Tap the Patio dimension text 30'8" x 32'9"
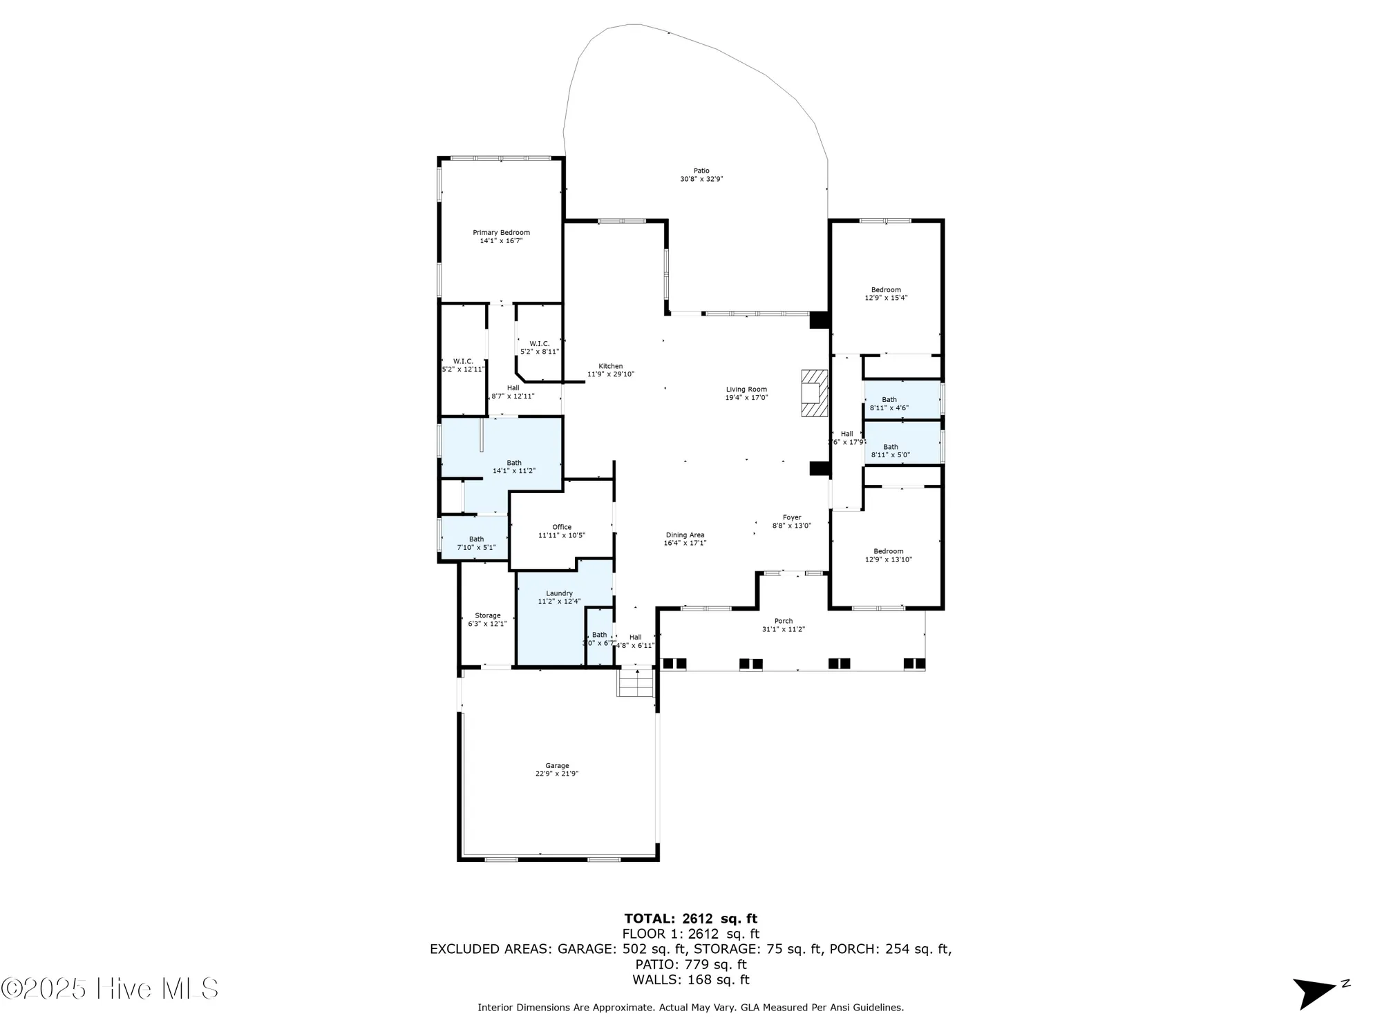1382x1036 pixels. [701, 179]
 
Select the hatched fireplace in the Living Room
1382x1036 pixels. [814, 393]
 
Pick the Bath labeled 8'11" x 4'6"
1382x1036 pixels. [889, 403]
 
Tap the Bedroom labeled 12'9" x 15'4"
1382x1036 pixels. [886, 294]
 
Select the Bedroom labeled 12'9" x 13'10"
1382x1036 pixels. [888, 555]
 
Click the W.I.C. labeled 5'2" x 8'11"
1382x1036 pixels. [540, 347]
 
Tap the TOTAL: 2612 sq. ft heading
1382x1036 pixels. [690, 919]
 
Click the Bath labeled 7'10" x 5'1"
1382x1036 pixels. [476, 543]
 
